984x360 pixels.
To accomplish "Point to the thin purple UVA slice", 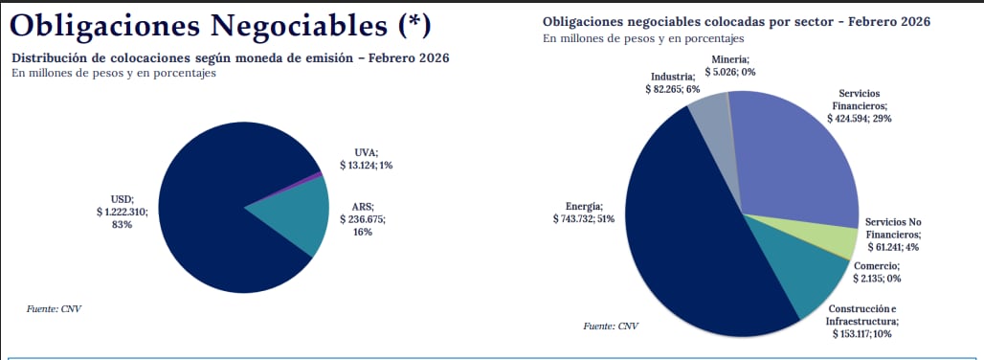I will [318, 175].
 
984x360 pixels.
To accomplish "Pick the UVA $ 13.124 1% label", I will [366, 159].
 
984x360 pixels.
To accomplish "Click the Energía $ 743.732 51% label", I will [583, 214].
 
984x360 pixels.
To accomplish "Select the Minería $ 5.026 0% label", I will [729, 65].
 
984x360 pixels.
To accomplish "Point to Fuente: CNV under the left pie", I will [54, 308].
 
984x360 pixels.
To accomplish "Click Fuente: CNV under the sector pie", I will [611, 326].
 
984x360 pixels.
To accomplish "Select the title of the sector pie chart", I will [737, 21].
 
